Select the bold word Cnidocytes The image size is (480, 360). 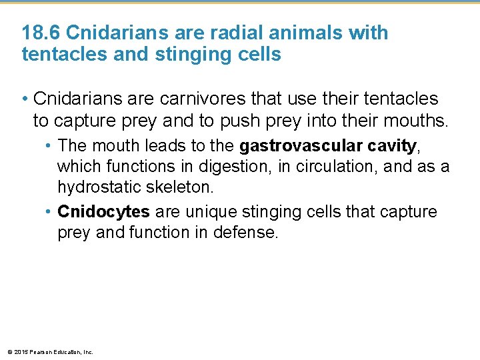pyautogui.click(x=103, y=212)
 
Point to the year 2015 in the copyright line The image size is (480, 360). pyautogui.click(x=19, y=352)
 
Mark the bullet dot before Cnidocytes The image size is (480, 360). pyautogui.click(x=49, y=212)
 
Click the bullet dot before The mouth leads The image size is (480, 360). pyautogui.click(x=49, y=145)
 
